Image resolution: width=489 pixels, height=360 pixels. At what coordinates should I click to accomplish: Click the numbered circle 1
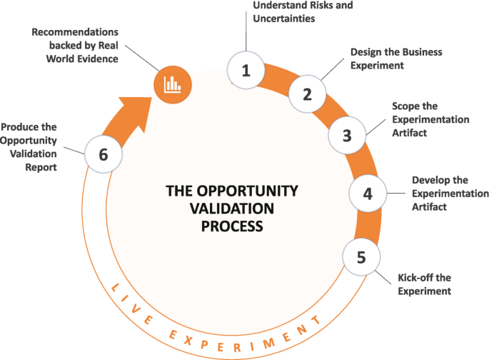[246, 70]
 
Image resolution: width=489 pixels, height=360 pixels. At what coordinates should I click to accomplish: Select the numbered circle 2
[308, 94]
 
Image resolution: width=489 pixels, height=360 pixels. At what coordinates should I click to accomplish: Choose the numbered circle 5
[361, 256]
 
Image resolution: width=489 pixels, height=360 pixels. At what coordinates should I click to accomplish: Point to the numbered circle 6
[104, 154]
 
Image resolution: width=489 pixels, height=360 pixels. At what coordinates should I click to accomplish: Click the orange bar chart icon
[172, 84]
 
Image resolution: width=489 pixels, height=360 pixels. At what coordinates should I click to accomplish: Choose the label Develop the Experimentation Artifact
[450, 194]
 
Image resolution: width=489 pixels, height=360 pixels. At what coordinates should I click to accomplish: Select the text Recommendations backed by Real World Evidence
[79, 46]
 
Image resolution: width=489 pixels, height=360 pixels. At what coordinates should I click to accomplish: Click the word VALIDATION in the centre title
[221, 209]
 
